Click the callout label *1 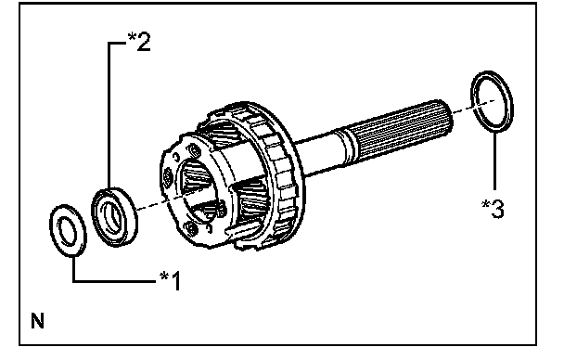click(171, 280)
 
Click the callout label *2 click(139, 41)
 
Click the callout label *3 click(493, 209)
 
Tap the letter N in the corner click(37, 321)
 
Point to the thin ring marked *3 click(474, 101)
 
